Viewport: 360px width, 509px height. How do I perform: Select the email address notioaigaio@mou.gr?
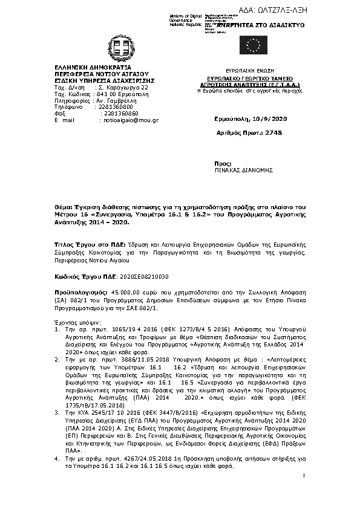tap(131, 120)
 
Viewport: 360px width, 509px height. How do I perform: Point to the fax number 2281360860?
tap(120, 113)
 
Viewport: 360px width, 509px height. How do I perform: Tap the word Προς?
tap(223, 164)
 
